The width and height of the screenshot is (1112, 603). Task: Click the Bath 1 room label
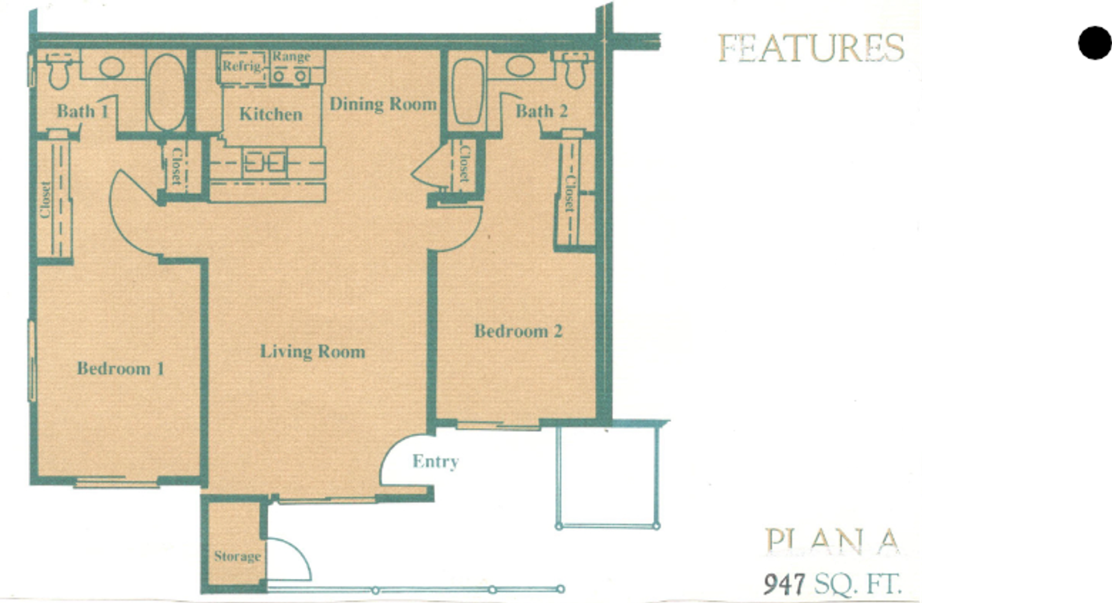[82, 111]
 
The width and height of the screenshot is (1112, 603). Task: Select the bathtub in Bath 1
[166, 93]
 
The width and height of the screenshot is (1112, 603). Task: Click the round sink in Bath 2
[520, 66]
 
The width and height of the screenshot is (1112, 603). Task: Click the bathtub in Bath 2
[467, 92]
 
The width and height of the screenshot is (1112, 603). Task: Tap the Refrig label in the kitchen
[242, 65]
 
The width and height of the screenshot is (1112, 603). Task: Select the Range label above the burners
[291, 57]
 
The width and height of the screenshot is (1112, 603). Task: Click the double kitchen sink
[265, 162]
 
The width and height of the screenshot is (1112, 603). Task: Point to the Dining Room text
[383, 104]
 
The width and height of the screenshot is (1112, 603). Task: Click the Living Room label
[312, 351]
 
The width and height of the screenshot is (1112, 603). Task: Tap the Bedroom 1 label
[120, 368]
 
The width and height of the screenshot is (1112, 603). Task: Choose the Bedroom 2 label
[518, 331]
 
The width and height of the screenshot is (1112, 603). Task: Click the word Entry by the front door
[435, 461]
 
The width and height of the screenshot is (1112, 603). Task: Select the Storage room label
[237, 556]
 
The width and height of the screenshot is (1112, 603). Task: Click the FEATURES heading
[810, 47]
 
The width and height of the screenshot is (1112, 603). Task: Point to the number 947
[784, 584]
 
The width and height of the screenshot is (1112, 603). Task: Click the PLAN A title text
[832, 542]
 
